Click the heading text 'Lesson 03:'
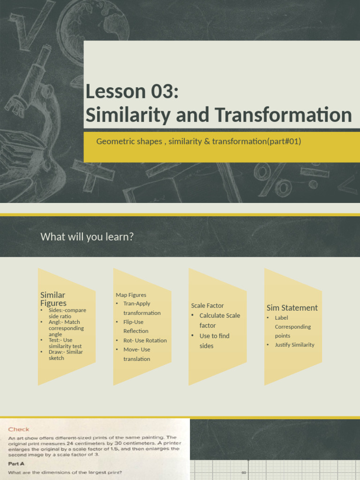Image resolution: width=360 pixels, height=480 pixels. pos(132,92)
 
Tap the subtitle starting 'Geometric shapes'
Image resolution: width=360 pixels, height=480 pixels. pos(198,141)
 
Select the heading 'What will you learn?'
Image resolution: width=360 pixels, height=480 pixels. pos(87,237)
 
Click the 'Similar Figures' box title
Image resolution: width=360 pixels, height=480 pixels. pos(53,299)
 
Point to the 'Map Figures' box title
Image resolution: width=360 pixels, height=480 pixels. pos(131,295)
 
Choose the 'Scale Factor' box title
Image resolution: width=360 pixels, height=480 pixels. pos(207,306)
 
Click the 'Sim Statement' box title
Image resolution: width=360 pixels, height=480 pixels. pos(292,307)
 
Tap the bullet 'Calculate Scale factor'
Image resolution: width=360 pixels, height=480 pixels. pos(219,320)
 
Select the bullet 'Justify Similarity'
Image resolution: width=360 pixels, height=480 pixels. pos(294,345)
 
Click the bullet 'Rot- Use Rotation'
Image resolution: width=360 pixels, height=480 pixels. pos(145,340)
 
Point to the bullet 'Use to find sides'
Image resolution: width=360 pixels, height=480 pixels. pos(214,341)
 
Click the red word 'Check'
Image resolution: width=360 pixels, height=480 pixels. pos(19,429)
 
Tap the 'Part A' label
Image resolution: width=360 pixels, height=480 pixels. pos(17,463)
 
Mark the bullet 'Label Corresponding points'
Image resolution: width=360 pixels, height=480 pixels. pos(292,327)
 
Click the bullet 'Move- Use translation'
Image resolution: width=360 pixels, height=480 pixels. pos(136,354)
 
